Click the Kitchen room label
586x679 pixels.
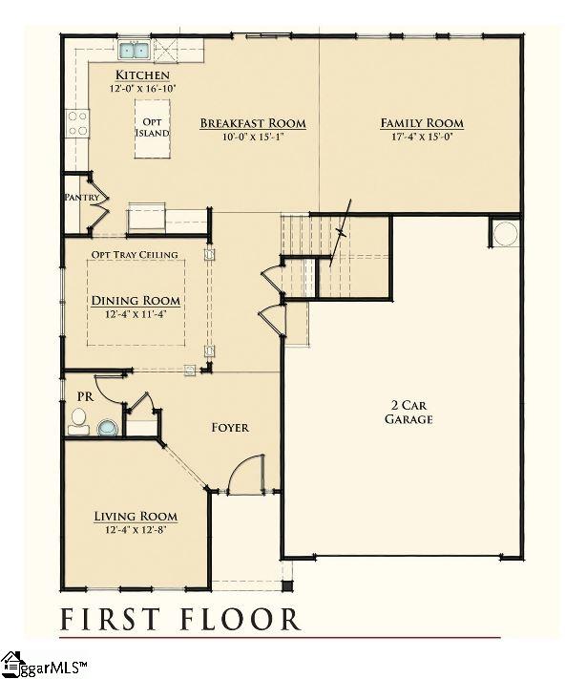click(142, 75)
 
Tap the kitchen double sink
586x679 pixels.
click(134, 50)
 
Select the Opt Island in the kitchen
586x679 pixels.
click(151, 128)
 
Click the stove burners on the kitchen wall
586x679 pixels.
click(76, 121)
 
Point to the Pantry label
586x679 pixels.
click(81, 198)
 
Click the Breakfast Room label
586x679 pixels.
click(252, 123)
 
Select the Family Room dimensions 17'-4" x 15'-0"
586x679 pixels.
click(422, 137)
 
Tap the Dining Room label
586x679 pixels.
click(136, 300)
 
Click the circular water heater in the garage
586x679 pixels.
click(505, 234)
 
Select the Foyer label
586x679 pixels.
click(230, 427)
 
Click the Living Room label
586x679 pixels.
click(136, 517)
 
